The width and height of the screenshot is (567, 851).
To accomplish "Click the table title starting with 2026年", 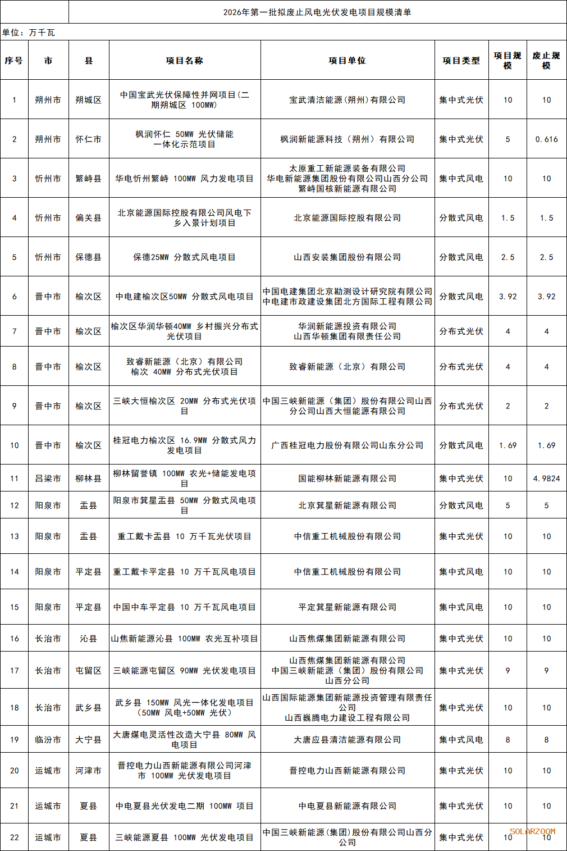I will pos(317,12).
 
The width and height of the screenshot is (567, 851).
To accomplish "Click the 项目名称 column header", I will pos(184,61).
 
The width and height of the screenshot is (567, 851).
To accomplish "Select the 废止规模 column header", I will pos(546,61).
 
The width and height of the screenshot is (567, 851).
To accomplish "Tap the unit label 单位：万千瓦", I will pos(29,33).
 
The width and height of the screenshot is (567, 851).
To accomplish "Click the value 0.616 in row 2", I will pos(546,139).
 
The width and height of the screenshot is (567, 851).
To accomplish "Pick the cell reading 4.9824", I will pos(546,479).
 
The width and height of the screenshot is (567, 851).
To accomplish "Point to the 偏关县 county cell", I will pos(89,218).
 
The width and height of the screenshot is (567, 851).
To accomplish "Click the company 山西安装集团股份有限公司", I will pos(347,257).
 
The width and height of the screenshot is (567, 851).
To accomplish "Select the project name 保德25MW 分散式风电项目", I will pos(184,257).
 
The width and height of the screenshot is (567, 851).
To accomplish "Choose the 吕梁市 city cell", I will pos(48,479).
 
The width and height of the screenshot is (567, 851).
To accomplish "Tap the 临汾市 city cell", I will pos(48,740).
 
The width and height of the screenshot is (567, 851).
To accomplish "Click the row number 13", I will pos(15,536).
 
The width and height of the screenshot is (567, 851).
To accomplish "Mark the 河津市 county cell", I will pos(89,771).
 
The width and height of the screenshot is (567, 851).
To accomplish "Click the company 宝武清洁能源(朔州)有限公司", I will pos(347,100).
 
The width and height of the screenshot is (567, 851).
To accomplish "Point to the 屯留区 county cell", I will pos(89,671).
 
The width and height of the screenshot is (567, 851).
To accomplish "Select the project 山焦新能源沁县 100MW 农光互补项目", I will pos(184,639).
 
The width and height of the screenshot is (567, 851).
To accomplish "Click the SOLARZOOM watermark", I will pos(532,831).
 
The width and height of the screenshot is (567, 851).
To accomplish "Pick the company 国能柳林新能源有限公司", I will pos(347,479).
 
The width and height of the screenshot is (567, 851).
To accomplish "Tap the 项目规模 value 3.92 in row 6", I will pos(507,297).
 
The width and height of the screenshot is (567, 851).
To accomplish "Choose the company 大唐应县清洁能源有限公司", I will pos(347,740).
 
